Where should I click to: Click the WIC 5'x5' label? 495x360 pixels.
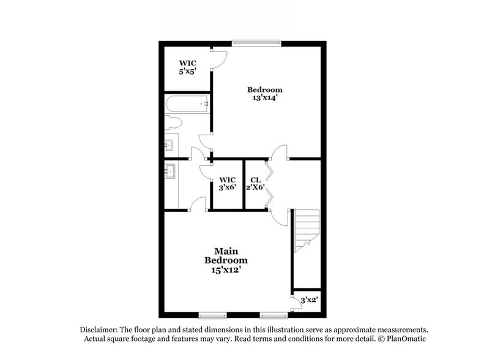click(187, 67)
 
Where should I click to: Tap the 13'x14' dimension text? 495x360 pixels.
click(264, 97)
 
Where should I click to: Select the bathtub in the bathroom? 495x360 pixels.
click(187, 105)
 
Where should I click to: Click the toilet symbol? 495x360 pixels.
click(172, 122)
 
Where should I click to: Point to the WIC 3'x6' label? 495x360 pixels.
click(227, 184)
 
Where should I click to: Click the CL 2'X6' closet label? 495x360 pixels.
click(255, 184)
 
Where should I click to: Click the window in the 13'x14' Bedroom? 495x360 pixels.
click(256, 43)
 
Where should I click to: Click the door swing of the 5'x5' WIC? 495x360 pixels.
click(220, 59)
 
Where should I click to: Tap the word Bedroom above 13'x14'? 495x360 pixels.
click(264, 89)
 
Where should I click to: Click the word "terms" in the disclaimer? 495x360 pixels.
click(269, 339)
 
